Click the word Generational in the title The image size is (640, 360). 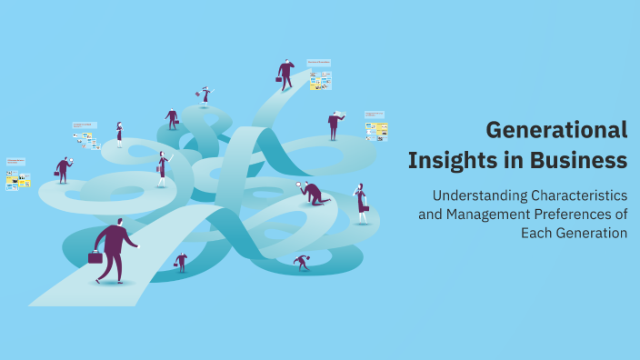pos(556,130)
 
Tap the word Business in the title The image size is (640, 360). pos(577,161)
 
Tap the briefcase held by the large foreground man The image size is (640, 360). pos(95,257)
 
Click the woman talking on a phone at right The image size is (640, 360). pos(362,202)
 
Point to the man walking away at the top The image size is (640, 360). pos(286,75)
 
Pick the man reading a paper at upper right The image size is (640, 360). pos(335,125)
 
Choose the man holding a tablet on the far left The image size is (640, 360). pos(63,170)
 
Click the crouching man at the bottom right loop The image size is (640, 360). pos(301,262)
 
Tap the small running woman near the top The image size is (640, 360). pos(205,95)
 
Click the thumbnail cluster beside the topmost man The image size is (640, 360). pos(319,76)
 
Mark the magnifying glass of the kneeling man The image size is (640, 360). pos(300,185)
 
